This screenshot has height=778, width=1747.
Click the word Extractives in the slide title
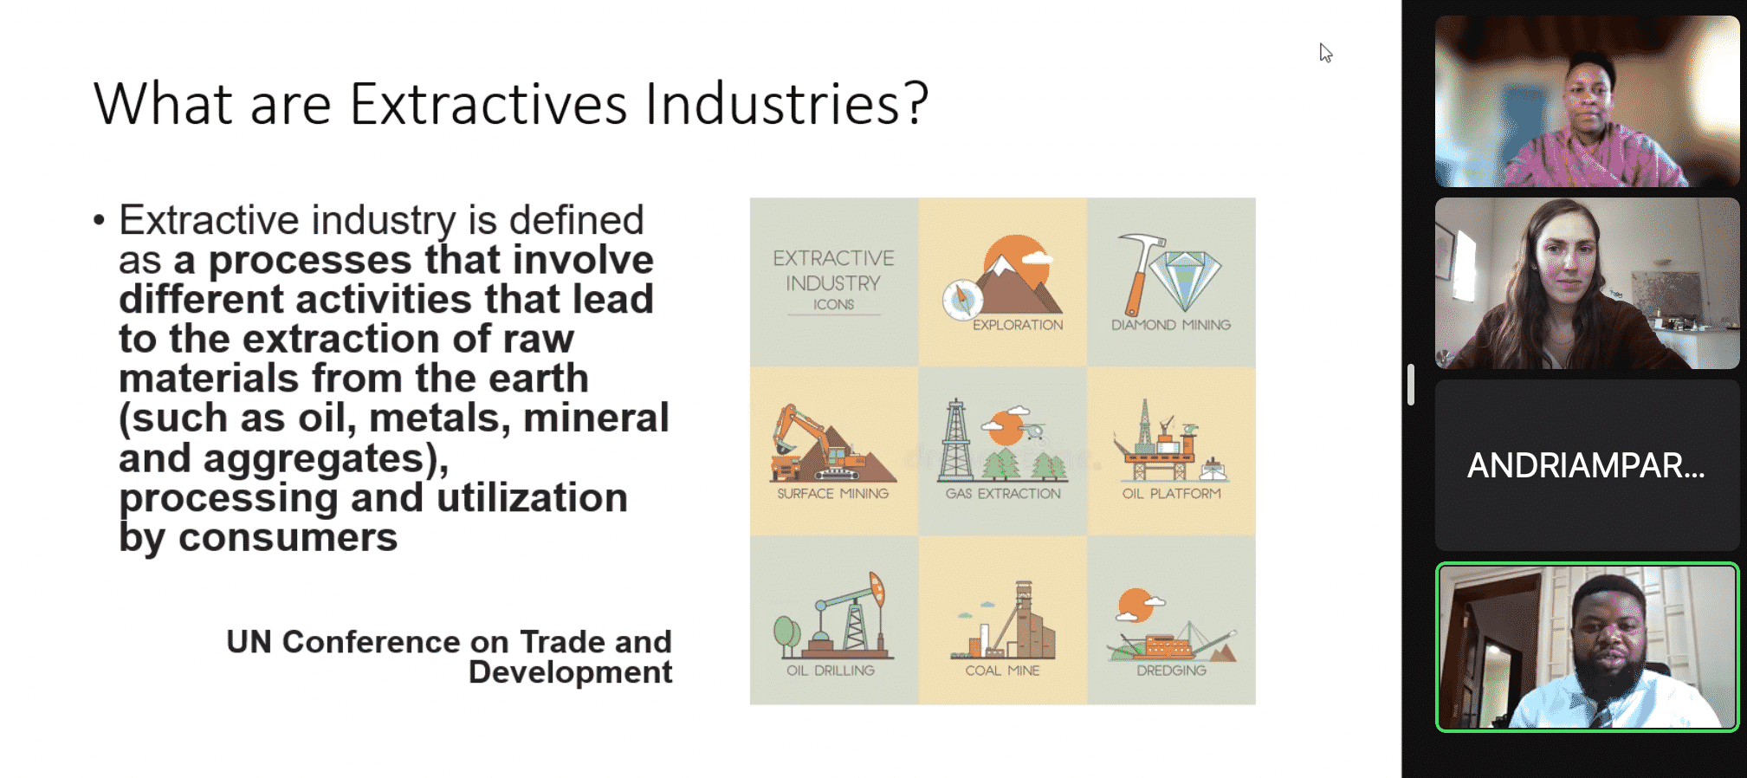click(489, 105)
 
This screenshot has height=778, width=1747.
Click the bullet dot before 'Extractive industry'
click(99, 221)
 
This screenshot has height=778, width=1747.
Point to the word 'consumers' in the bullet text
click(288, 537)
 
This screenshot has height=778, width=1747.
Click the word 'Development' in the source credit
click(570, 672)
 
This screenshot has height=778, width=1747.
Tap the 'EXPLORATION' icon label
click(1018, 325)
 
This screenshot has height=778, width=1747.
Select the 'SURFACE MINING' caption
click(832, 494)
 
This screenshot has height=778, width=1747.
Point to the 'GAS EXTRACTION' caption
click(1003, 494)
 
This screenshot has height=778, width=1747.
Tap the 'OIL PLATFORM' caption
click(1172, 494)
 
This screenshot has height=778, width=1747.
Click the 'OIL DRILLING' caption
click(831, 671)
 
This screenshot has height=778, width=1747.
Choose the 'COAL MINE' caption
click(1002, 671)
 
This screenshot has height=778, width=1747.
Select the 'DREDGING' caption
click(1172, 671)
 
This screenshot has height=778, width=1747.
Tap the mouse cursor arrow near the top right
click(1325, 53)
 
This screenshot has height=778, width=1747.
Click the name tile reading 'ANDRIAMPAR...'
click(1587, 465)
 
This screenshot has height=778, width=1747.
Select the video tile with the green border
click(1587, 647)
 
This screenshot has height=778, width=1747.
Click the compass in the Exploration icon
click(962, 300)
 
